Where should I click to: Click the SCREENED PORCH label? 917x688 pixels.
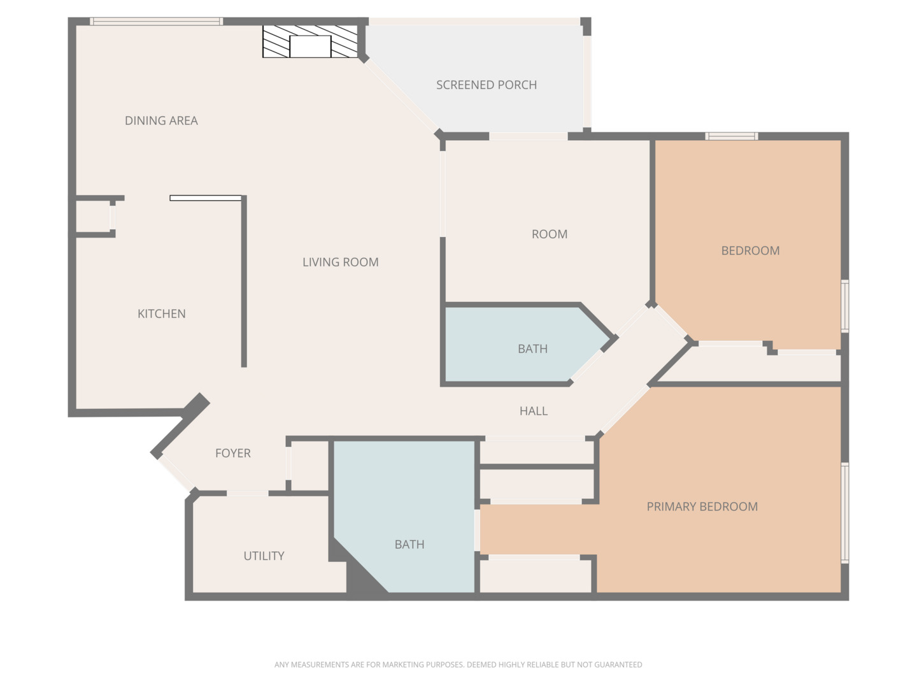coord(486,85)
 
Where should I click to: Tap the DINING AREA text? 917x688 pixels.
coord(161,120)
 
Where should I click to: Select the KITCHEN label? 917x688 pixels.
coord(162,313)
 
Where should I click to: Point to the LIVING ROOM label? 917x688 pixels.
coord(340,262)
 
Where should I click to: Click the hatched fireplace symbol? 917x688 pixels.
coord(310,43)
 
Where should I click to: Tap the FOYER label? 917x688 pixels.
coord(232,453)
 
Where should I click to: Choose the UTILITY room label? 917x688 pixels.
coord(264,555)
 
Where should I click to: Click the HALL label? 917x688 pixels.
coord(533,411)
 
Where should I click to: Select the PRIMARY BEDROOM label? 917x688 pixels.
coord(702,506)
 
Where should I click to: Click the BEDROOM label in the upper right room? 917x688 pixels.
coord(750,250)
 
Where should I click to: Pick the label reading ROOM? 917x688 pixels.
coord(549,234)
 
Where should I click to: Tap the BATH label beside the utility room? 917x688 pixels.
coord(409,544)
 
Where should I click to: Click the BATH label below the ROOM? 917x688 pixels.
coord(532,348)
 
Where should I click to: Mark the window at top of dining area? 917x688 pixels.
coord(156,22)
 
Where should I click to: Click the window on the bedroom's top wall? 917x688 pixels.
coord(732,136)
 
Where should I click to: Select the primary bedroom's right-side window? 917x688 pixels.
coord(844,513)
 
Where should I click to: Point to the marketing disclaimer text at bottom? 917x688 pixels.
coord(458,664)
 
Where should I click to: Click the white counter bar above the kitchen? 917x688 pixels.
coord(206,198)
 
